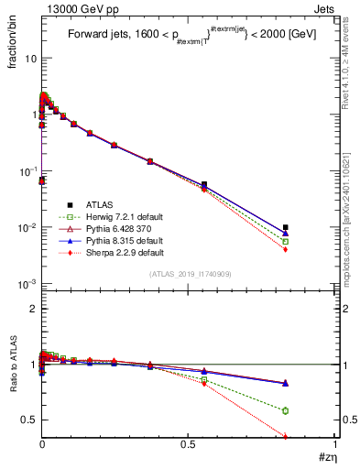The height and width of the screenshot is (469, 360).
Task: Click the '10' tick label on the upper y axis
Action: click(x=29, y=58)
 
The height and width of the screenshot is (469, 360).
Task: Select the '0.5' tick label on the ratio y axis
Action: click(x=28, y=420)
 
